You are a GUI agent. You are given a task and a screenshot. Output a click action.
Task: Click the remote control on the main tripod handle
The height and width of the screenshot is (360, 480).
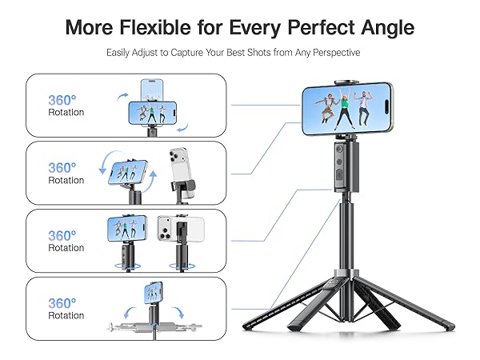click(341, 164)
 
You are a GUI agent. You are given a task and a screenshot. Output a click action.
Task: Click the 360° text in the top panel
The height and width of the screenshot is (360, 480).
click(62, 100)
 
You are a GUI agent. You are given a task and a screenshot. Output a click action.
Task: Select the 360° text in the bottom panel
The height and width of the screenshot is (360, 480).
click(62, 303)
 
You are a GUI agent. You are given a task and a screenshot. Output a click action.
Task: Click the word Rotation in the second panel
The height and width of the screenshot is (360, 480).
click(66, 180)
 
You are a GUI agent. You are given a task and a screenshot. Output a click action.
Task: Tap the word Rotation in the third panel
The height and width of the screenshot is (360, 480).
click(66, 248)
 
